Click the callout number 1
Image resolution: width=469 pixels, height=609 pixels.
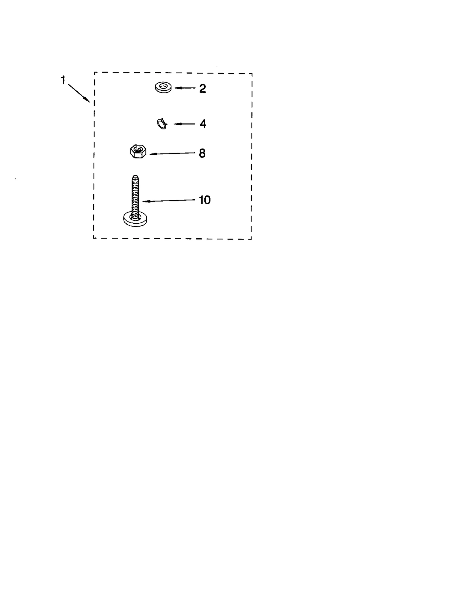[x=63, y=80]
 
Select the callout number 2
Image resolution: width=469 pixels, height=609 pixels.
[x=202, y=89]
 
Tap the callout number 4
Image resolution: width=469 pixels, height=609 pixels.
[x=203, y=124]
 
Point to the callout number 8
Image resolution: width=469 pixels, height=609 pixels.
[x=202, y=153]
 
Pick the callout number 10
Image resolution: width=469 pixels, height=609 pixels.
[x=205, y=200]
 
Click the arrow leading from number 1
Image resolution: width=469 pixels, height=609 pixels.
[x=79, y=93]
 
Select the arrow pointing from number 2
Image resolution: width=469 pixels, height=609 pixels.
[x=185, y=88]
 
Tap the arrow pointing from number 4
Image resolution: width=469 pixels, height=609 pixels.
[x=184, y=124]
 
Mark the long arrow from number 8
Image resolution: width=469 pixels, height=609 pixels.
[x=172, y=153]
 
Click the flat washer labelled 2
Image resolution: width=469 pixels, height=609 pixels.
[x=163, y=88]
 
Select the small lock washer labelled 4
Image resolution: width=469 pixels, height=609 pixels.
[x=162, y=124]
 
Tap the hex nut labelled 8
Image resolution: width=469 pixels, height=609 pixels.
[x=138, y=151]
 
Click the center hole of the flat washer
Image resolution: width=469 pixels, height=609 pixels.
[x=163, y=87]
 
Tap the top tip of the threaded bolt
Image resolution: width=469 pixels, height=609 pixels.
[x=135, y=177]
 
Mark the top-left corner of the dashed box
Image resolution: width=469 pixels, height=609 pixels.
[x=94, y=72]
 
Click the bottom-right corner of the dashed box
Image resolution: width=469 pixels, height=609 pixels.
[x=251, y=239]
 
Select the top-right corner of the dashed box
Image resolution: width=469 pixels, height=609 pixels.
[x=252, y=73]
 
